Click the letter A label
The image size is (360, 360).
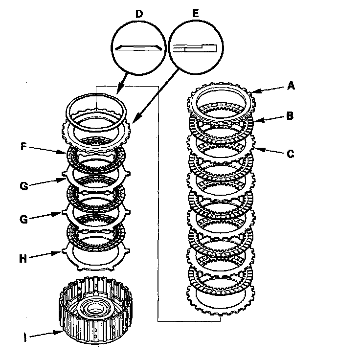[x=291, y=86]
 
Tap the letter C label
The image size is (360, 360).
[x=291, y=154]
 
